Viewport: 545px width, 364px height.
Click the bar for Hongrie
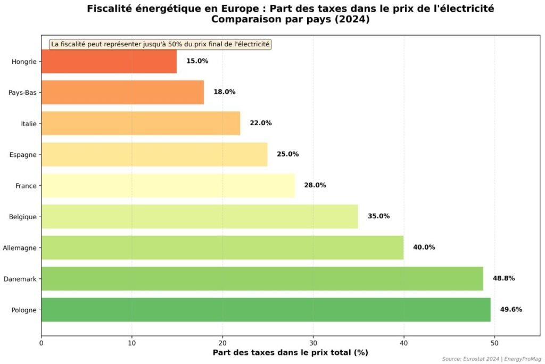coord(109,61)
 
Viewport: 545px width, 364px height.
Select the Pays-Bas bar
coord(122,92)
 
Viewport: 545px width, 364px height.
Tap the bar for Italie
coord(141,123)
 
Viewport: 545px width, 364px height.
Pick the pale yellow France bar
coord(168,185)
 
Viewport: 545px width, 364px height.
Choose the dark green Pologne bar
coord(266,310)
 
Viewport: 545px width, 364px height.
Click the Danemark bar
coord(262,278)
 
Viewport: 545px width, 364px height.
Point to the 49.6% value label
coord(511,310)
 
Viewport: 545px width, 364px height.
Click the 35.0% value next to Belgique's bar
coord(378,217)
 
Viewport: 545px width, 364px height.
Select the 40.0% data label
coord(424,247)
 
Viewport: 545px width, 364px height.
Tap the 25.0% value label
coord(287,154)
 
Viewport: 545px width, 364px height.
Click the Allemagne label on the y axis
coord(20,247)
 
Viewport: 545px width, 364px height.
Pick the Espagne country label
coord(23,154)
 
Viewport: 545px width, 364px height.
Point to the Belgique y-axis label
coord(23,217)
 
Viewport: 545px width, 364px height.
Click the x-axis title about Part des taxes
coord(290,353)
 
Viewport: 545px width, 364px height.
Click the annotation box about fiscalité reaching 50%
coord(160,44)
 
